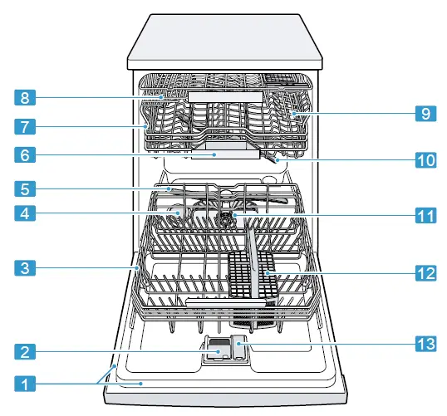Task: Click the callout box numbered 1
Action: (26, 384)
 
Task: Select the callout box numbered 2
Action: (26, 352)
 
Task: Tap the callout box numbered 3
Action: (26, 267)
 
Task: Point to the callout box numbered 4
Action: (26, 213)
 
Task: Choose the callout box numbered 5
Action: (26, 188)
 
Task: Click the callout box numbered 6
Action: (26, 154)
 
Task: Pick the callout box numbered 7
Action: (26, 127)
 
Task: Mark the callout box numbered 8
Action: (26, 98)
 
